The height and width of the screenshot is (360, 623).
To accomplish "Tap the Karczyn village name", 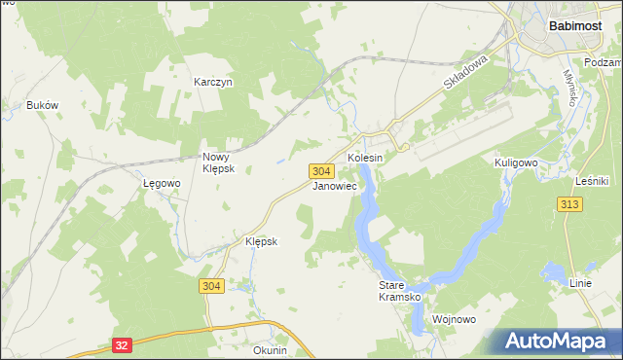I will click(x=213, y=84).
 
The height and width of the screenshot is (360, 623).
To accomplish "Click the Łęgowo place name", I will click(x=163, y=183).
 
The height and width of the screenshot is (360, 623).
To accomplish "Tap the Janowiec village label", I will click(x=334, y=185).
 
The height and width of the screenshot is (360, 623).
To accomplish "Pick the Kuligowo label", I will click(x=517, y=162).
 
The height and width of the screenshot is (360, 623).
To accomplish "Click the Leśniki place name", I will click(x=592, y=181).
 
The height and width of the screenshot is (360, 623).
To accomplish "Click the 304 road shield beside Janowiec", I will click(x=324, y=170).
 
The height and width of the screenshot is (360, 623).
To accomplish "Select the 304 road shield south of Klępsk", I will click(x=212, y=286).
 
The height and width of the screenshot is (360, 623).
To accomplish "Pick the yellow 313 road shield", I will click(x=570, y=203).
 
